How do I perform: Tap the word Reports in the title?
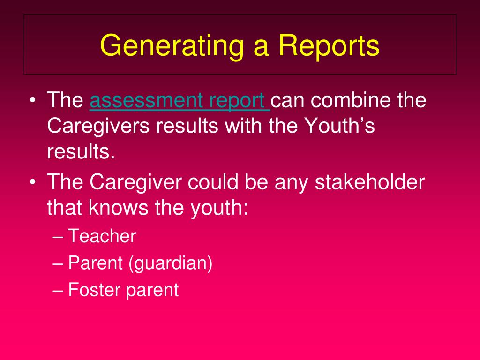pyautogui.click(x=329, y=45)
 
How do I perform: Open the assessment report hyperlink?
pyautogui.click(x=180, y=101)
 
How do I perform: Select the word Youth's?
pyautogui.click(x=340, y=127)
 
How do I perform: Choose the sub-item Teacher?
pyautogui.click(x=102, y=236)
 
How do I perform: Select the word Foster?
pyautogui.click(x=94, y=290)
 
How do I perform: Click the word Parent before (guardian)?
pyautogui.click(x=95, y=263)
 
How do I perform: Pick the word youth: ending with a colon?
pyautogui.click(x=218, y=207)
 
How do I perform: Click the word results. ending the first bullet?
pyautogui.click(x=81, y=152)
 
